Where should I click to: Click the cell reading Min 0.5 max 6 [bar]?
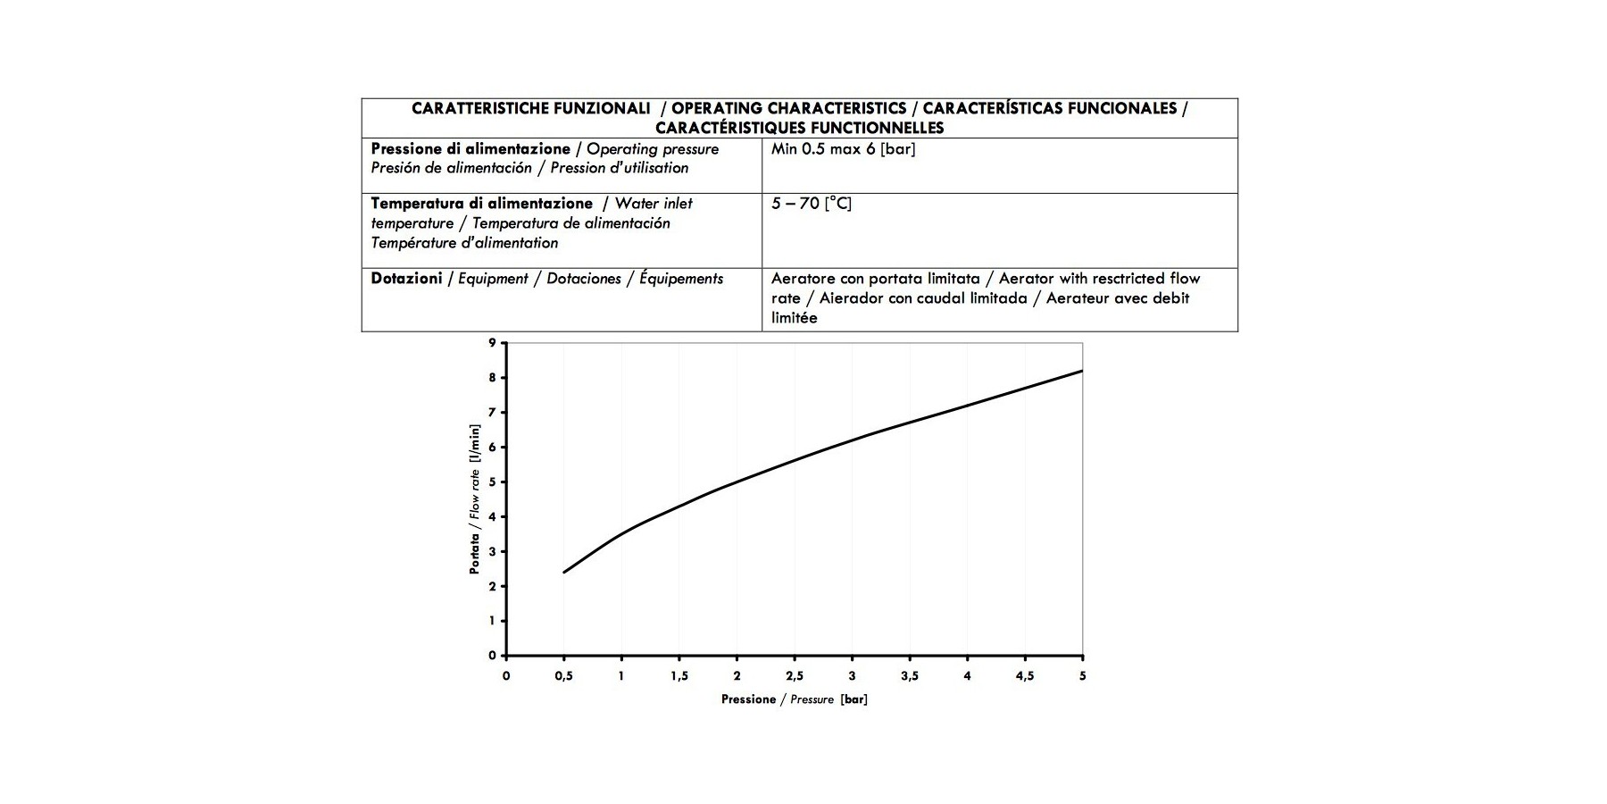[x=843, y=149]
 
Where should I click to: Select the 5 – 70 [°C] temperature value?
[x=811, y=204]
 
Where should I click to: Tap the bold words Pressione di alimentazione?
[x=470, y=149]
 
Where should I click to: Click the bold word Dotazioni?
[x=406, y=279]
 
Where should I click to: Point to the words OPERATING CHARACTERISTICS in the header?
[x=788, y=108]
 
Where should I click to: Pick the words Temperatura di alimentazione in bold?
[x=481, y=204]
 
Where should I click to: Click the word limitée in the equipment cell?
[x=794, y=318]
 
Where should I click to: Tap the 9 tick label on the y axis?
[x=492, y=343]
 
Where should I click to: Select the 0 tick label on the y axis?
[x=492, y=656]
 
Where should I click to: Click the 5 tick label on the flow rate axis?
[x=492, y=482]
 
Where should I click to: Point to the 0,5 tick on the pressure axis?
[x=563, y=676]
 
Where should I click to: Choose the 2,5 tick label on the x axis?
[x=795, y=676]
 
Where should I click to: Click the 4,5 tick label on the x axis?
[x=1025, y=676]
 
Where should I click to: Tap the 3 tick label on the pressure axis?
[x=853, y=676]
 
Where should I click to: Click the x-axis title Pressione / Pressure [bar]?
[x=794, y=699]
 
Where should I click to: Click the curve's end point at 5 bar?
[x=1082, y=371]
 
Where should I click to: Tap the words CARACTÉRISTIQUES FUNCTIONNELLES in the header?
[x=799, y=128]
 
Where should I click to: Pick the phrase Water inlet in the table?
[x=654, y=204]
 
